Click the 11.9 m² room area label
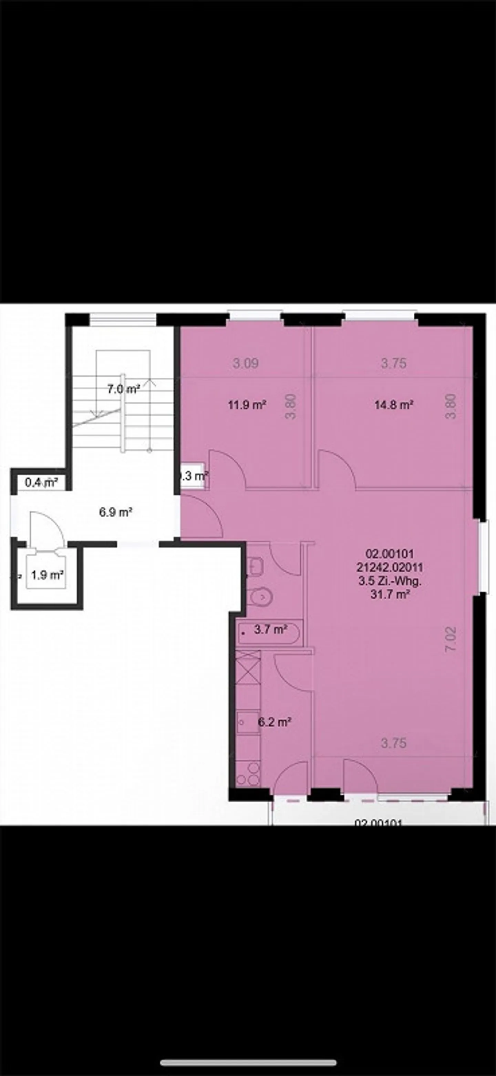[x=247, y=405]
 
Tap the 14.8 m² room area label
[x=394, y=405]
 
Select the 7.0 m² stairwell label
[x=123, y=389]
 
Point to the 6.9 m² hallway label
[x=116, y=512]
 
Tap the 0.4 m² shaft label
[x=41, y=483]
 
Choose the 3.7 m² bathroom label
[x=270, y=629]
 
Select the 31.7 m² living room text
[x=390, y=594]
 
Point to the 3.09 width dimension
[x=246, y=363]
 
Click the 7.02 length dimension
[x=451, y=640]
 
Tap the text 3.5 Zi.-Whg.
[x=390, y=581]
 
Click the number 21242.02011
[x=390, y=567]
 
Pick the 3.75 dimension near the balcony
[x=393, y=743]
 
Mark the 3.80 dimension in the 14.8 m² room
[x=451, y=406]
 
